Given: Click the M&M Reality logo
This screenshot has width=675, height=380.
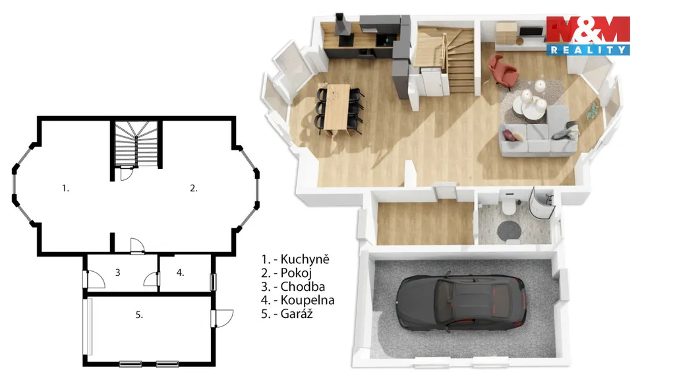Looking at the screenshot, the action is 588,36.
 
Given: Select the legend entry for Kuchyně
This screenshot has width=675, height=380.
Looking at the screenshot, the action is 295,259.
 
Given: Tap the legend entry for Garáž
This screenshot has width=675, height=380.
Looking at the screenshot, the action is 287,313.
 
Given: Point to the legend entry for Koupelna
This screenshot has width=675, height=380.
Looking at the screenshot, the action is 297,300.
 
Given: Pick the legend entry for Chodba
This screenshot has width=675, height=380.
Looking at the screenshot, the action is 293,286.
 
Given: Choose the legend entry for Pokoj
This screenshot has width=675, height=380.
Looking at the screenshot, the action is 286,272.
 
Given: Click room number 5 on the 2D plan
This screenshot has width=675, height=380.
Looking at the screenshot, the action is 139,315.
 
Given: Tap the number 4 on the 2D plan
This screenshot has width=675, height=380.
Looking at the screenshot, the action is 180,272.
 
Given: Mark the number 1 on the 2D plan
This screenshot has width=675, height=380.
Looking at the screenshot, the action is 65,188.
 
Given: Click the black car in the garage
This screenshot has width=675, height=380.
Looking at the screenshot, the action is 461,303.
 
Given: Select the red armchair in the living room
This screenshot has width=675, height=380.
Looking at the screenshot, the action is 502,71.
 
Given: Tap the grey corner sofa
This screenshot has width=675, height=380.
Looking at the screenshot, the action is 538,133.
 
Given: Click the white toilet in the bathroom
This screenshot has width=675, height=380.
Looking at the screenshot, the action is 509,203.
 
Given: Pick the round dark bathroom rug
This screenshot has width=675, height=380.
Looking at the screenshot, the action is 510,231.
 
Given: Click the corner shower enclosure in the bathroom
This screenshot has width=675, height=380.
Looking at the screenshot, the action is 541,203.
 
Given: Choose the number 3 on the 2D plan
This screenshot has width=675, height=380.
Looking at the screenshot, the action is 117,272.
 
